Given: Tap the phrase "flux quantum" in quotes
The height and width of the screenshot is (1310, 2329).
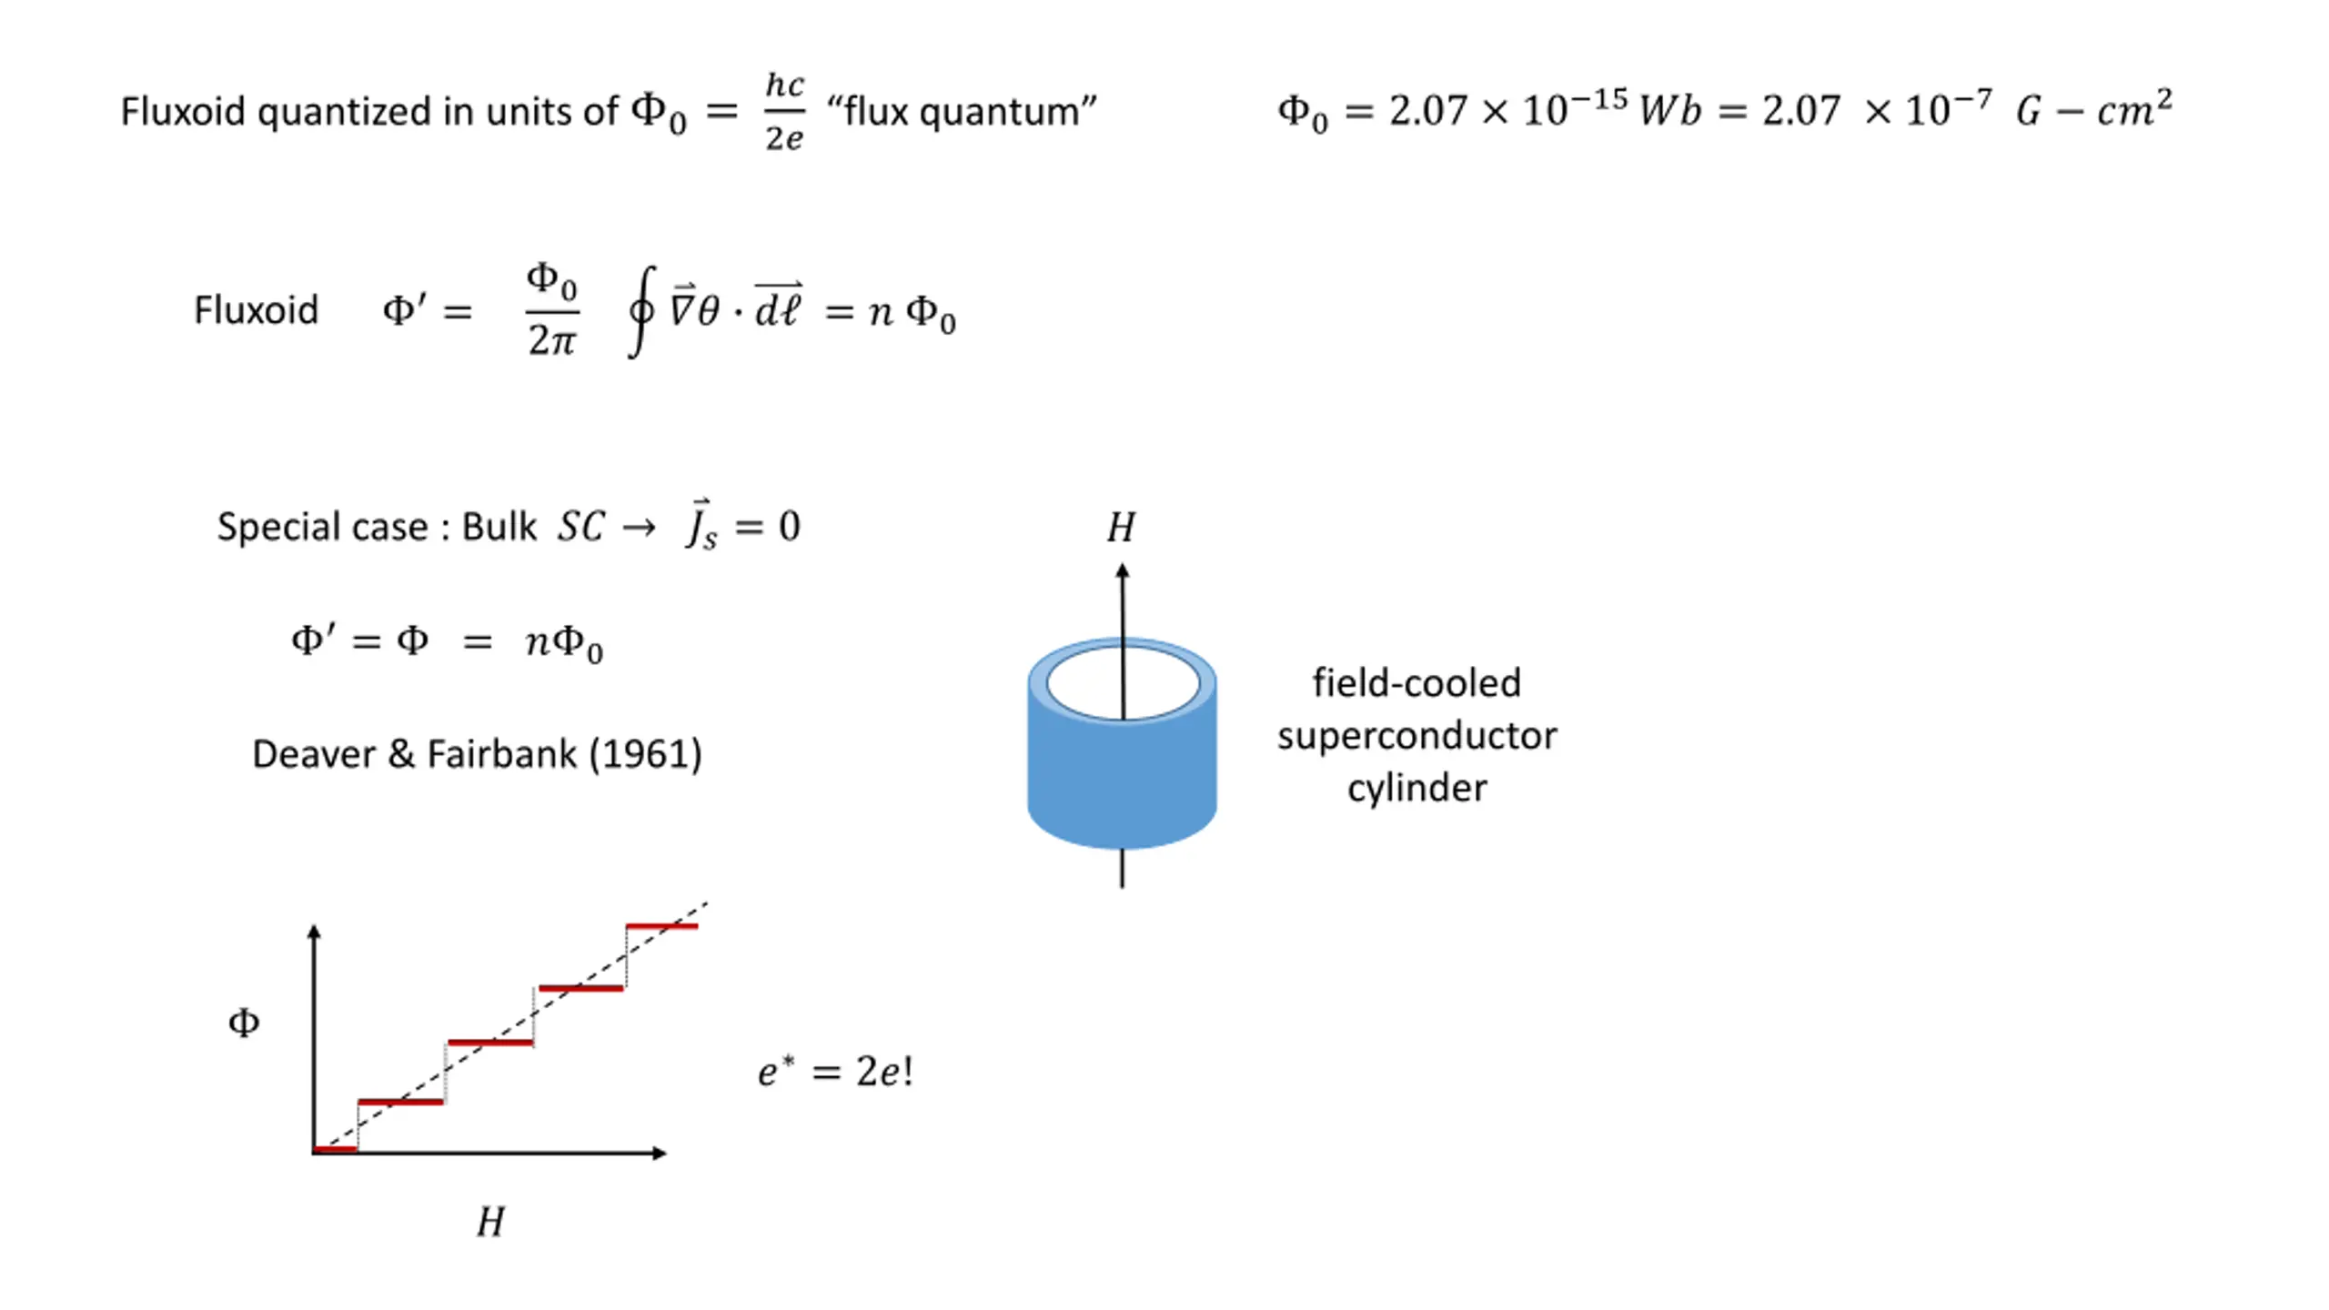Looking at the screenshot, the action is (x=962, y=112).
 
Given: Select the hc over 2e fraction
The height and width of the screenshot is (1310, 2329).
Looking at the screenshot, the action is (x=784, y=111).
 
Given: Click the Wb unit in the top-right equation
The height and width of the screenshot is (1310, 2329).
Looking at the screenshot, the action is (x=1669, y=111).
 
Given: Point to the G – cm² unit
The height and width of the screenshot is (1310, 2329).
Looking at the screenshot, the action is (x=2093, y=110).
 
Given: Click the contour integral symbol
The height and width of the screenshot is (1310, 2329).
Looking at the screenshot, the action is (x=641, y=311).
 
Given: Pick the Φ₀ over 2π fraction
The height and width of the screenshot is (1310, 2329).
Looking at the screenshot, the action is (x=552, y=310).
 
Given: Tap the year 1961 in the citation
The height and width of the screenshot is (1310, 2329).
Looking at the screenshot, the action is (x=645, y=754).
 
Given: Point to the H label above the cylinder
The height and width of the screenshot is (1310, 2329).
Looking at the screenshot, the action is (x=1121, y=528).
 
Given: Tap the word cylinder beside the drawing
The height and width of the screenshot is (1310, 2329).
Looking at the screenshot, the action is (x=1417, y=788).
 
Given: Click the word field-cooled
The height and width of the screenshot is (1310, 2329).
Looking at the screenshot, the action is (x=1417, y=683).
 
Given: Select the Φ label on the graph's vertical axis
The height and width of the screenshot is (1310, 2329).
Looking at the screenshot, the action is (x=244, y=1023).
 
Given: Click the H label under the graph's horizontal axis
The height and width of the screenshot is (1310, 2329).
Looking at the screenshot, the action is (x=490, y=1222).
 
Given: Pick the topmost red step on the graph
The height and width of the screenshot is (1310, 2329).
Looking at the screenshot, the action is (x=661, y=926).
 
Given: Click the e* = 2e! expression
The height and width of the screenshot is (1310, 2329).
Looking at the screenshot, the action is (x=835, y=1071).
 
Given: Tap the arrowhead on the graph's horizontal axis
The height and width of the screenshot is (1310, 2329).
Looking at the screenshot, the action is (x=660, y=1153).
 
